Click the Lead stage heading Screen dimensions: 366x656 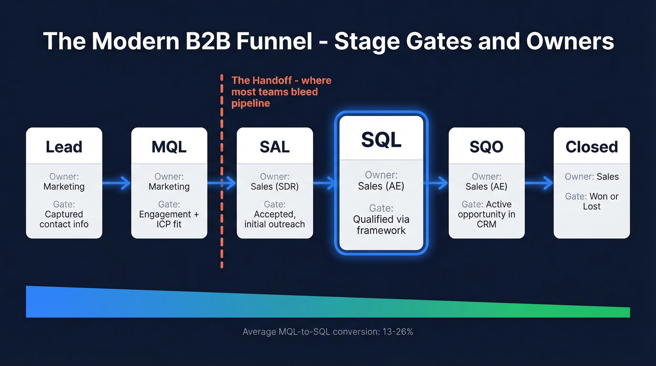pyautogui.click(x=64, y=147)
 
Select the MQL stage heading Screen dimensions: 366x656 pyautogui.click(x=169, y=147)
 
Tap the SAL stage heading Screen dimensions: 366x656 pyautogui.click(x=275, y=147)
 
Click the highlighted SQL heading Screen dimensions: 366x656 pyautogui.click(x=381, y=139)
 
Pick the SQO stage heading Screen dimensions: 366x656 pyautogui.click(x=486, y=147)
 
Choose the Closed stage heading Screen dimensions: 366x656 pyautogui.click(x=591, y=147)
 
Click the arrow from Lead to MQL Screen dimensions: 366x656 pyautogui.click(x=117, y=183)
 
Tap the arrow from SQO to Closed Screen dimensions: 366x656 pyautogui.click(x=539, y=183)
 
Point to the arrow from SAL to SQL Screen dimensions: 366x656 pyautogui.click(x=324, y=183)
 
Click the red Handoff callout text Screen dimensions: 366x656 pyautogui.click(x=281, y=92)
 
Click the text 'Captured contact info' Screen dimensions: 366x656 pyautogui.click(x=64, y=219)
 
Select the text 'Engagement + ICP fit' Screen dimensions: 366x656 pyautogui.click(x=169, y=219)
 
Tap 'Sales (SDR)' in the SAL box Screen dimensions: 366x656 pyautogui.click(x=275, y=187)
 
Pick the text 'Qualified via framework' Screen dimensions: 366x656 pyautogui.click(x=381, y=224)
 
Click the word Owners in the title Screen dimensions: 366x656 pyautogui.click(x=570, y=41)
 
